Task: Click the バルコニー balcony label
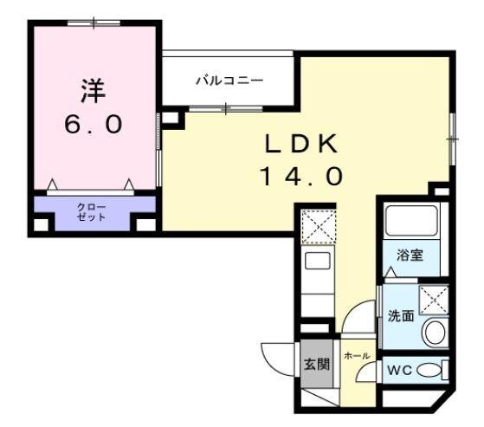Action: pyautogui.click(x=229, y=81)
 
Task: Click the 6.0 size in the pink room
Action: pyautogui.click(x=93, y=123)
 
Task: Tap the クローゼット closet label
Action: pyautogui.click(x=92, y=212)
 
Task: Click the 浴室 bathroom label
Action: pyautogui.click(x=409, y=256)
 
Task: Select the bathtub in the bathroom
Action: pyautogui.click(x=411, y=223)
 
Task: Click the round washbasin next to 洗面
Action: pyautogui.click(x=432, y=331)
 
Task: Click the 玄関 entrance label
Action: pyautogui.click(x=316, y=364)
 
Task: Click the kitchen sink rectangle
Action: pyautogui.click(x=317, y=262)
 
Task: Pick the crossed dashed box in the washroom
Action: pyautogui.click(x=430, y=299)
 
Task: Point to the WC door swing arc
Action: pyautogui.click(x=370, y=370)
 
